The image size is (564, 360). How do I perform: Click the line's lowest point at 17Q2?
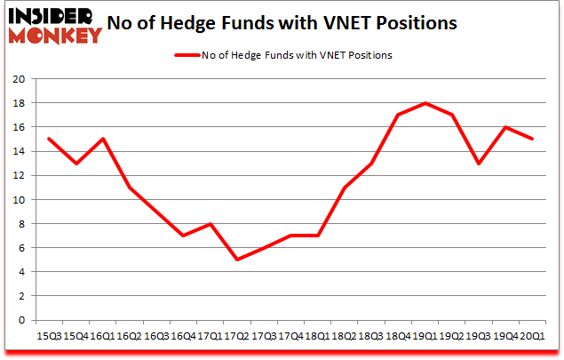[x=236, y=260]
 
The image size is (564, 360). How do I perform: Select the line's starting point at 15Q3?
[x=48, y=139]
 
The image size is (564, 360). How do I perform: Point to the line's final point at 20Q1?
[x=532, y=139]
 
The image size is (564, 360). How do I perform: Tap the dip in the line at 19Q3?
[x=479, y=164]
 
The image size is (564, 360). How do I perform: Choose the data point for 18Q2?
[x=344, y=188]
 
